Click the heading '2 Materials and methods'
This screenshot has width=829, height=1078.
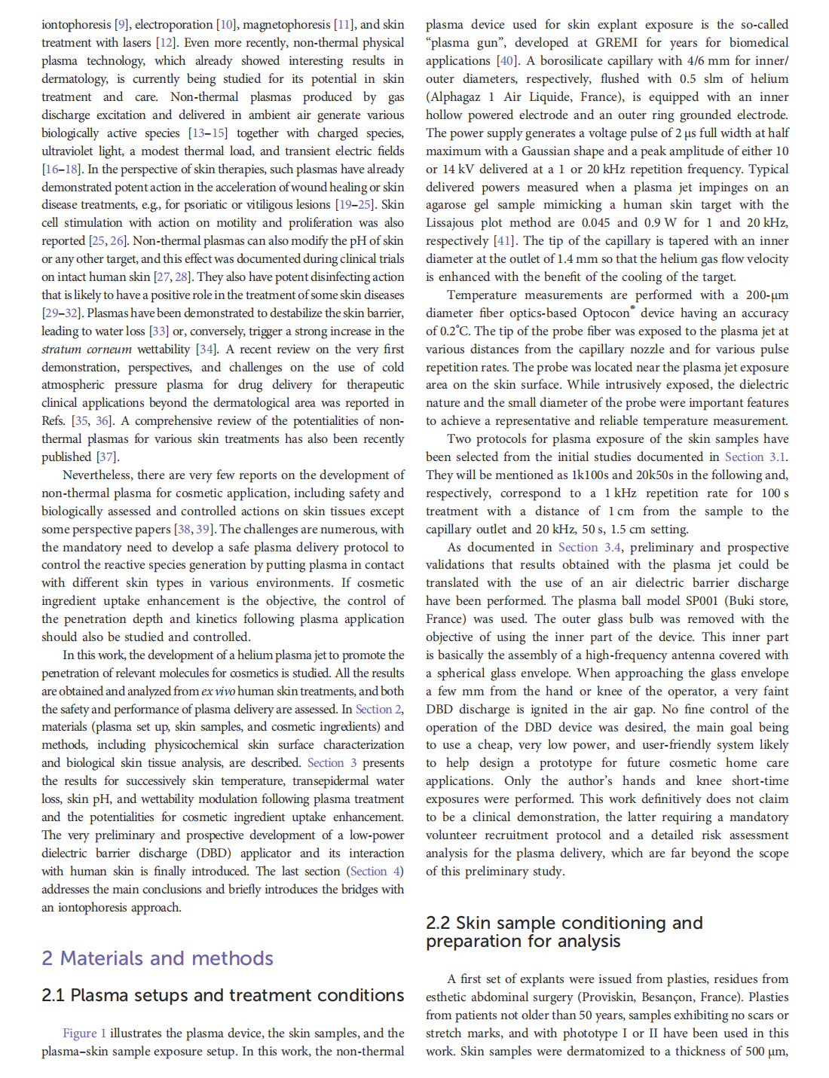(158, 958)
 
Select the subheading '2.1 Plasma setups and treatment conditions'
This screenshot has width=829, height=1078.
(223, 995)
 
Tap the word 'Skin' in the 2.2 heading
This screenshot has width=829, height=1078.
(473, 923)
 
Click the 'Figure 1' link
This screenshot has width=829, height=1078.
(84, 1033)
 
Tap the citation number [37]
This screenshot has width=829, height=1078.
(106, 457)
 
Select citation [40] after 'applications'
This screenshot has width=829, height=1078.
(506, 60)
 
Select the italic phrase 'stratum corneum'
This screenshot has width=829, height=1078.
(86, 349)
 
